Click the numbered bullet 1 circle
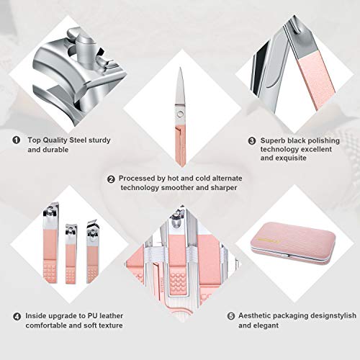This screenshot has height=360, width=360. [17, 140]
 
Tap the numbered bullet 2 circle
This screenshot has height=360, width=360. [112, 179]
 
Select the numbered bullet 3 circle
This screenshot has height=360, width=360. [252, 141]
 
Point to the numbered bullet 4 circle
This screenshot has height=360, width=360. [17, 315]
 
